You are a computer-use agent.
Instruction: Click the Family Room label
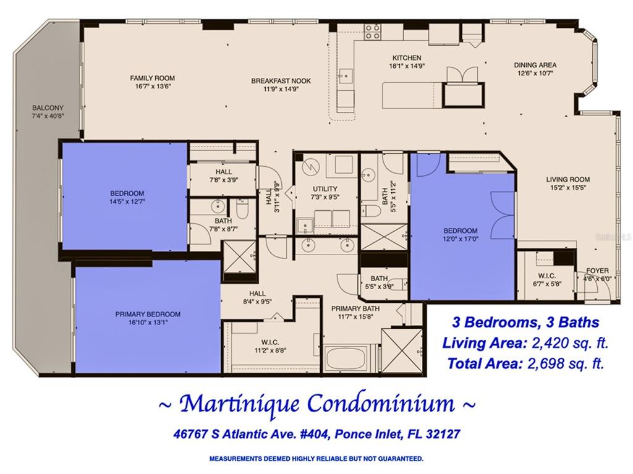152,78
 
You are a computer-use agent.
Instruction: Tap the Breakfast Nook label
281,81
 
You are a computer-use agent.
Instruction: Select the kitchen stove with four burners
372,32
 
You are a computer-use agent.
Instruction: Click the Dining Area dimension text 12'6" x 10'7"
535,74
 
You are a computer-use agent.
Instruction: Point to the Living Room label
568,179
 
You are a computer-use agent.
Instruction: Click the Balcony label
48,108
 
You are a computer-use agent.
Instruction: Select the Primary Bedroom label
148,314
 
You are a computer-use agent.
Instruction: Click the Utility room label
325,189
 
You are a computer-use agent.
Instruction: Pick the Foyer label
598,271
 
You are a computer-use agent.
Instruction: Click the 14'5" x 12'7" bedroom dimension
127,201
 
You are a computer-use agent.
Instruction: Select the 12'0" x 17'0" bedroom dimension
460,239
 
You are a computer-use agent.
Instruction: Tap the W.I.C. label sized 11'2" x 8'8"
270,342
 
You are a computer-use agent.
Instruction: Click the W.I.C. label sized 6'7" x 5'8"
546,276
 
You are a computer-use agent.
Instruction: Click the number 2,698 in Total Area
546,363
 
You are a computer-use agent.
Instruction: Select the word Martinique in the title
239,404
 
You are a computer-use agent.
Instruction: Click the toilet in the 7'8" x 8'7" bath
242,209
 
